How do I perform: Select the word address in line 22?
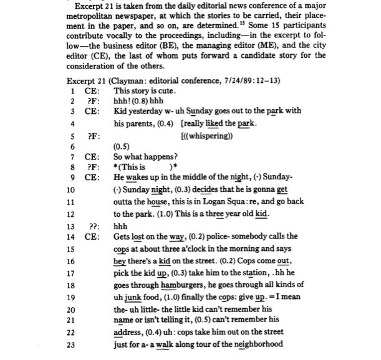[133, 332]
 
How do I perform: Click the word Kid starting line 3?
[122, 111]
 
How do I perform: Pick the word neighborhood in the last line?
[256, 344]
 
